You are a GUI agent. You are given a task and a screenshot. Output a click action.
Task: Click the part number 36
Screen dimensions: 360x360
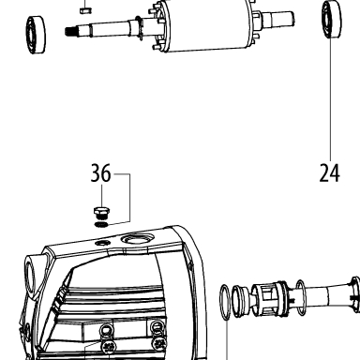pyautogui.click(x=100, y=173)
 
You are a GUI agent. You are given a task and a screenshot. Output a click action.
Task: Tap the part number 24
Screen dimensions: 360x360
pyautogui.click(x=329, y=173)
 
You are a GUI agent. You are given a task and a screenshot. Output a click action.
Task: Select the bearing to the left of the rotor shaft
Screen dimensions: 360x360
pyautogui.click(x=36, y=35)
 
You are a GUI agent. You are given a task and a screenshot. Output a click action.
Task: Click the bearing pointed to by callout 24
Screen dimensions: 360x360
pyautogui.click(x=331, y=20)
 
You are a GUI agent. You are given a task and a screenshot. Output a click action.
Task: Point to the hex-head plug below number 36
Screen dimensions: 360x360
pyautogui.click(x=101, y=212)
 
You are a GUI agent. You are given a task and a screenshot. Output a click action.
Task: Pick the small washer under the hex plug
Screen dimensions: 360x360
pyautogui.click(x=101, y=224)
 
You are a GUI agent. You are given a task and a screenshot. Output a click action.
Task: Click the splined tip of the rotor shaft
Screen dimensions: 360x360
pyautogui.click(x=71, y=31)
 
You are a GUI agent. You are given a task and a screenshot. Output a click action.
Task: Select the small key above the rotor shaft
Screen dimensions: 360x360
pyautogui.click(x=85, y=10)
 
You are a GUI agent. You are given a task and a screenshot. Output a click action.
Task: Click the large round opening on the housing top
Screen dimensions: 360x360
pyautogui.click(x=137, y=239)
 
